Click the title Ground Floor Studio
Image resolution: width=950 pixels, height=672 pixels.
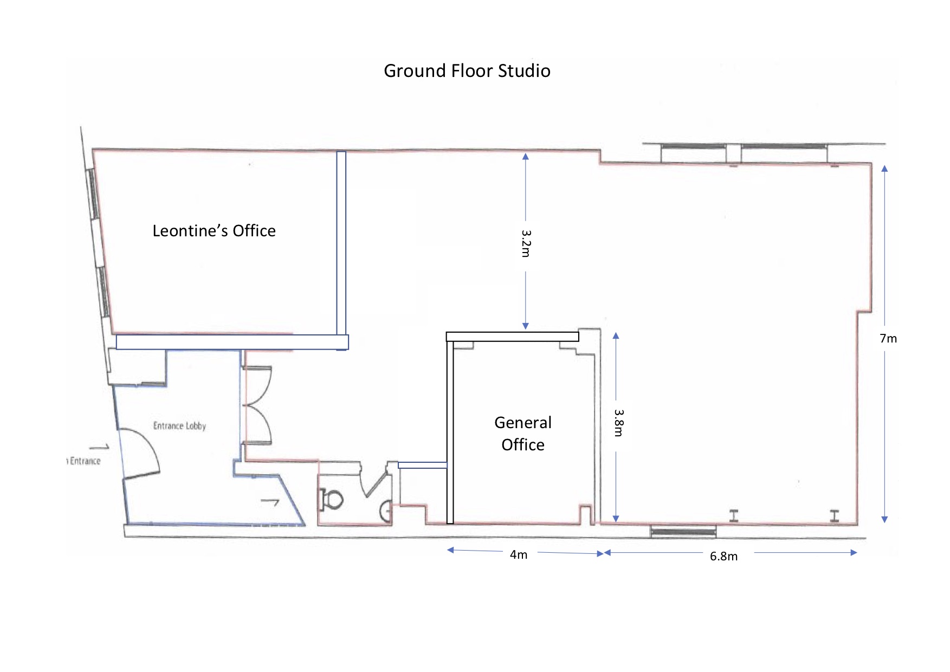(x=467, y=71)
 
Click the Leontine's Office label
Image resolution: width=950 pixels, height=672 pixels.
(x=214, y=231)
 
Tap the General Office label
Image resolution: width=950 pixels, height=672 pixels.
(x=523, y=434)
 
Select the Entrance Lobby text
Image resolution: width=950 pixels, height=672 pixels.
(x=179, y=426)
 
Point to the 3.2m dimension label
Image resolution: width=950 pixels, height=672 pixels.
(x=526, y=243)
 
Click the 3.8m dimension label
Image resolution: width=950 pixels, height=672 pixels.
(x=618, y=423)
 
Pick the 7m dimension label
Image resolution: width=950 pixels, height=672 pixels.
(x=888, y=339)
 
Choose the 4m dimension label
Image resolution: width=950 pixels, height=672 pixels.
(x=518, y=555)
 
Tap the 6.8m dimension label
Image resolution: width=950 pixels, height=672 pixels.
(x=723, y=557)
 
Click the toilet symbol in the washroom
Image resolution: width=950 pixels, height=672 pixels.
(x=331, y=499)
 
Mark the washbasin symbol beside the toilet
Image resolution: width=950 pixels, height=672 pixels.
(x=386, y=511)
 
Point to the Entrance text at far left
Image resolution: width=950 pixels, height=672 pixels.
(x=85, y=461)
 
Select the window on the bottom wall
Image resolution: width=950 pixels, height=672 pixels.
(x=683, y=531)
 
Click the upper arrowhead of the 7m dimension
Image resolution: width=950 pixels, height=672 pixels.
(x=884, y=169)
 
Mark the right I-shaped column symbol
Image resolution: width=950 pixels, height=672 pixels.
(x=835, y=516)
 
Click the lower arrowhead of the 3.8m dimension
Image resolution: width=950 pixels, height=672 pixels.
(x=616, y=519)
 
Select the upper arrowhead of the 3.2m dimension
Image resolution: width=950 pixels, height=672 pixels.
(x=525, y=157)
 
